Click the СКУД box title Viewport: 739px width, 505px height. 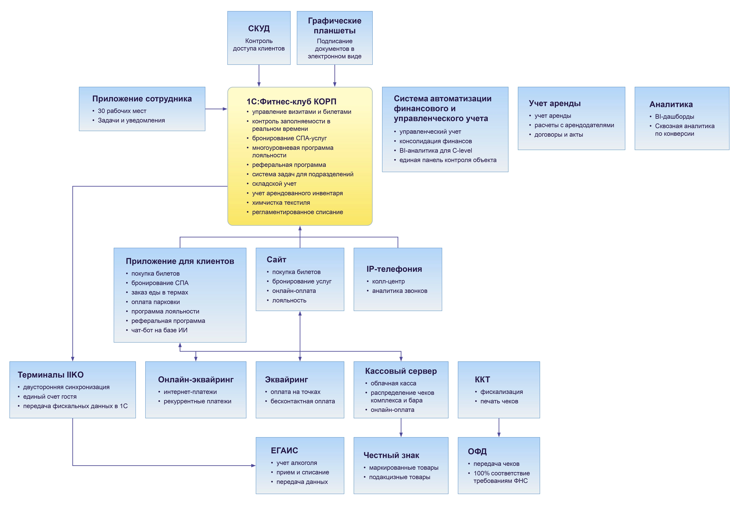pos(259,29)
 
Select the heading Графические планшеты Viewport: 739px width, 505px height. pos(335,26)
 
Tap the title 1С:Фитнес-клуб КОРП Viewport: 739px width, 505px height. pos(291,102)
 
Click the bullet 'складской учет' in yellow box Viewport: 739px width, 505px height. pos(274,184)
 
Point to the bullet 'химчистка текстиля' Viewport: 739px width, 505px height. pos(281,203)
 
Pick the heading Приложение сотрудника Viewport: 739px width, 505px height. pos(142,99)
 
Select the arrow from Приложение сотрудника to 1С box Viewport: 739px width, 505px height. pos(216,109)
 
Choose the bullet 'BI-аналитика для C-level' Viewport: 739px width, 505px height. pos(435,151)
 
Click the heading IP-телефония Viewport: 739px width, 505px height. pos(394,269)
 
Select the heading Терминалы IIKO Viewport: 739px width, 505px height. pos(50,375)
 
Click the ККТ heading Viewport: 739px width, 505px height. pos(482,380)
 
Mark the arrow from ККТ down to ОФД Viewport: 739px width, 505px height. pos(499,428)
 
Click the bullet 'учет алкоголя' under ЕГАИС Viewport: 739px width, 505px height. pos(296,463)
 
